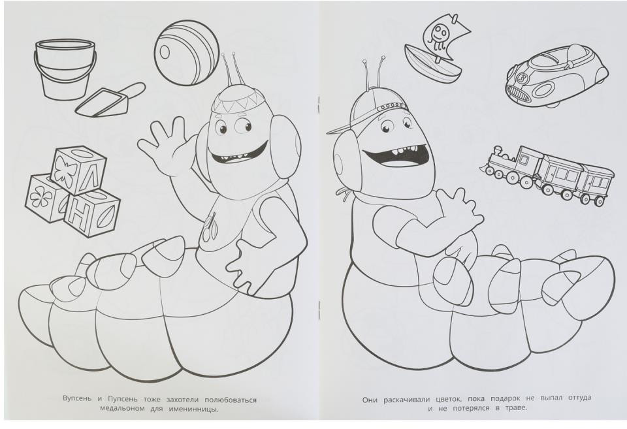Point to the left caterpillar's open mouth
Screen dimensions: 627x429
pos(240,152)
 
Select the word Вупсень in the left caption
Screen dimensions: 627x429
pos(77,399)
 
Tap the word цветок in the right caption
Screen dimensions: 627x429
pos(450,399)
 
